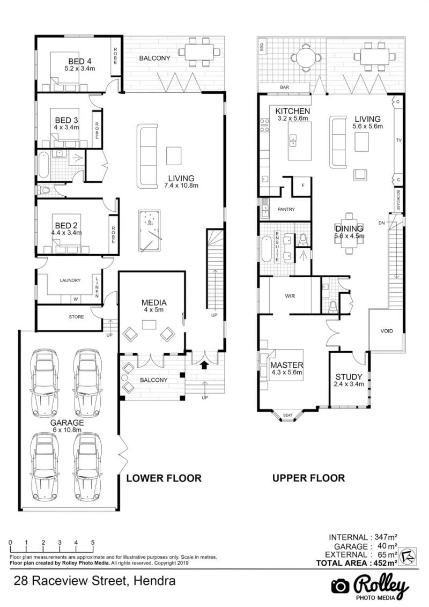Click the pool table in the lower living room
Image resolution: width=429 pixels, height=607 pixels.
150,231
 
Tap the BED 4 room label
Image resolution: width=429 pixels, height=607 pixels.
80,61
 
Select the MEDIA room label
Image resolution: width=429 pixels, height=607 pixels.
154,303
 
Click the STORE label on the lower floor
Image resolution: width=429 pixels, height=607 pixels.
76,317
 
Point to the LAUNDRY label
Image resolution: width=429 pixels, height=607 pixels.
70,280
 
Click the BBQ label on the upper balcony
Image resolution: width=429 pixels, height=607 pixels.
262,47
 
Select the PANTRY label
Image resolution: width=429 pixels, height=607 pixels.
286,210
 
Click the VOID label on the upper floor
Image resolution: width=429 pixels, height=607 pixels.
387,331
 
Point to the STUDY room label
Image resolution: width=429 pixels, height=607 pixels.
349,376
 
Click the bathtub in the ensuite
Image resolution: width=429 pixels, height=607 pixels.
267,249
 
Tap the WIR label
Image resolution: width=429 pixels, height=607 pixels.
290,296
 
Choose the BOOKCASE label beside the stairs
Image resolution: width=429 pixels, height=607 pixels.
398,200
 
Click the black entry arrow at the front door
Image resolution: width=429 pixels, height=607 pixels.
204,364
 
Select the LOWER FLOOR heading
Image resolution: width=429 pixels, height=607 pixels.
164,478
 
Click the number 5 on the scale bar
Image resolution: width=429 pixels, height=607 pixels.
93,542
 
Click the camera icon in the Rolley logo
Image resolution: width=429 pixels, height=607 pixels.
341,586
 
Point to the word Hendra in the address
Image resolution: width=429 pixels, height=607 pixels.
154,581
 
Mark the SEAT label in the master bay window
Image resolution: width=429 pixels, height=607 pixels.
287,416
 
